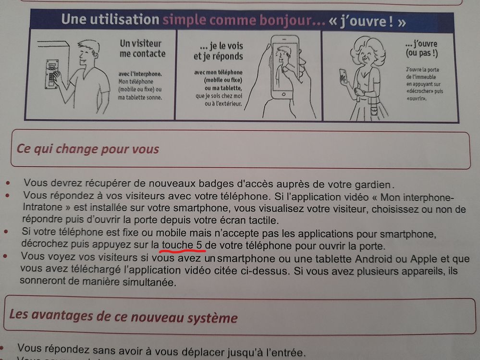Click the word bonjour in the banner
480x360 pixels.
pos(288,21)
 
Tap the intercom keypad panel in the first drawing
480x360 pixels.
pos(52,74)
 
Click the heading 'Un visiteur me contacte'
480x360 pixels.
pos(142,49)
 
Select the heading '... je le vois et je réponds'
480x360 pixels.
pos(218,51)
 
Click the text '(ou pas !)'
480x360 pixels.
pos(422,53)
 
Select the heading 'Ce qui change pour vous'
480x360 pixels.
pos(88,149)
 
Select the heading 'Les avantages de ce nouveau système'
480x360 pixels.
pos(123,316)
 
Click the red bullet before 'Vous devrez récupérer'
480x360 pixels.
pos(8,183)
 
